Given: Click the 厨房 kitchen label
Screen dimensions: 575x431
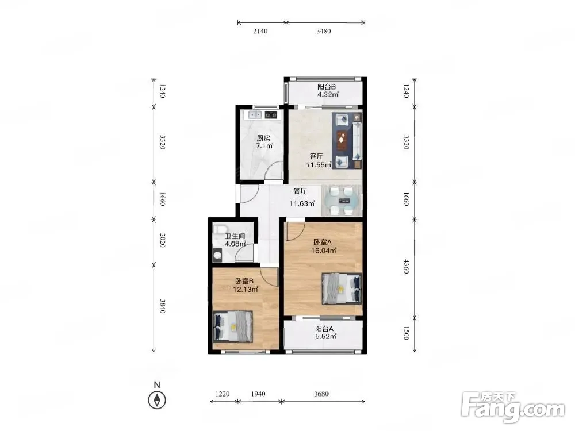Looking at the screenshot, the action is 263,138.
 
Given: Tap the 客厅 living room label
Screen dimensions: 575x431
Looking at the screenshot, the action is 316,156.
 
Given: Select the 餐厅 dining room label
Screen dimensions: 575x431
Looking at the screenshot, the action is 300,191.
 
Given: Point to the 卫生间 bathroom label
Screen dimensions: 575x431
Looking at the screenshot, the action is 235,236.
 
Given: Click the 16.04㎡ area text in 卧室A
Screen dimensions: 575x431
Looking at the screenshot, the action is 323,251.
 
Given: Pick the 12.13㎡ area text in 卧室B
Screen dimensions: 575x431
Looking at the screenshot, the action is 246,289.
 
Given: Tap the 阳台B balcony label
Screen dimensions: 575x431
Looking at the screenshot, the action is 327,87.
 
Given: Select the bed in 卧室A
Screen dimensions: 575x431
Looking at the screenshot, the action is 342,289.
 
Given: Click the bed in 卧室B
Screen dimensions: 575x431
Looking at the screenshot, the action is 233,326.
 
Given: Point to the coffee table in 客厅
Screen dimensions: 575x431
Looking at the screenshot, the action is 342,140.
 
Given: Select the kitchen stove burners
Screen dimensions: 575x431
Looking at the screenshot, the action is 271,115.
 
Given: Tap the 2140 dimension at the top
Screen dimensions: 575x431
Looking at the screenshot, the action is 260,31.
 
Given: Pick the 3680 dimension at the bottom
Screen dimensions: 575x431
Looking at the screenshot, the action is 321,394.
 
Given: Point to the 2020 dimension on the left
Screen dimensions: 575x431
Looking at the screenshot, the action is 163,240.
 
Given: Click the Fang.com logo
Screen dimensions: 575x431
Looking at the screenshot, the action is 513,408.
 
